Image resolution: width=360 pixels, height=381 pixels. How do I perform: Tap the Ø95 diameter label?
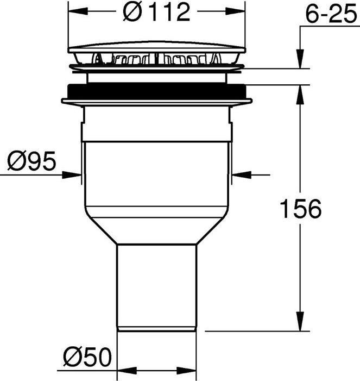(31, 161)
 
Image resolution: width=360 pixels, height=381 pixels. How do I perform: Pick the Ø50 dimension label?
(87, 358)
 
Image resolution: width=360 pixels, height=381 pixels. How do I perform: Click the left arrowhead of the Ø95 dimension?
(75, 174)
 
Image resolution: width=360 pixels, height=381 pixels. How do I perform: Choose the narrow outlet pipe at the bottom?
(156, 285)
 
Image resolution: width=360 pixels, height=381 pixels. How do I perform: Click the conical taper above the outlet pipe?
(156, 228)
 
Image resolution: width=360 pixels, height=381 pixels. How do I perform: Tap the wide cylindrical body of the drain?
(156, 174)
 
